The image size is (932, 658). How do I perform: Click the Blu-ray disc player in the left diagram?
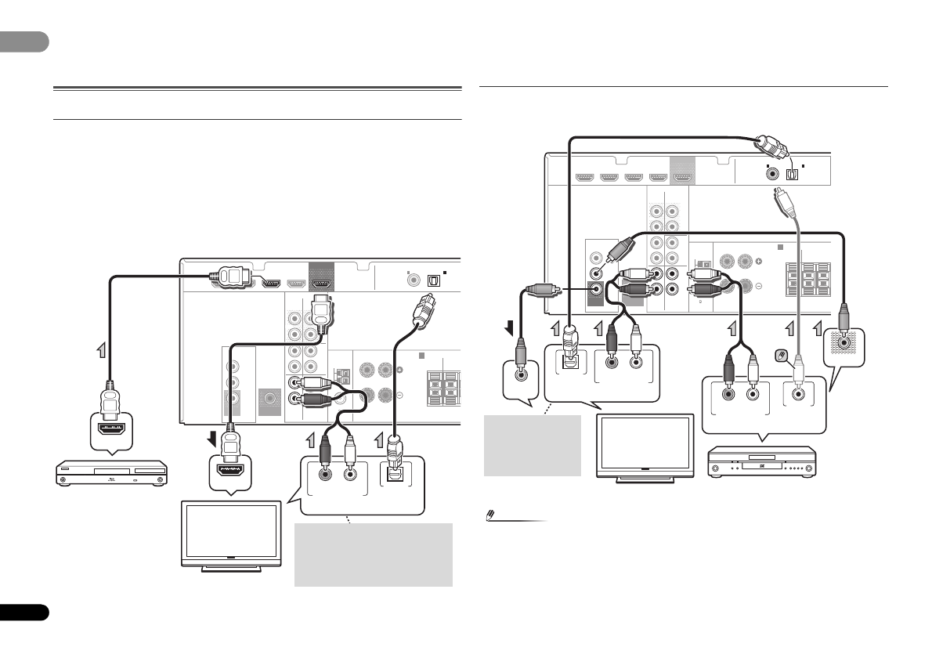click(112, 474)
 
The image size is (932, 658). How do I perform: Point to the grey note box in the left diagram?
click(373, 554)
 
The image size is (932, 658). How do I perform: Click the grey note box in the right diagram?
click(533, 445)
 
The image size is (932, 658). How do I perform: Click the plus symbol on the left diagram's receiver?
click(399, 369)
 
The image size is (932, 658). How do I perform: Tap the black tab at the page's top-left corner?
click(23, 42)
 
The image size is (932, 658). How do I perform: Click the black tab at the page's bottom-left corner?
click(23, 612)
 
